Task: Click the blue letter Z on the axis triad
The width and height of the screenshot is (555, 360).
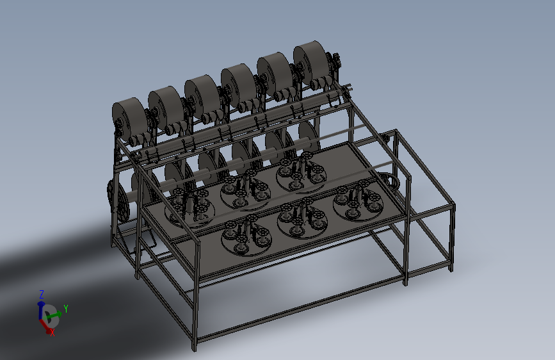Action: [x=42, y=295]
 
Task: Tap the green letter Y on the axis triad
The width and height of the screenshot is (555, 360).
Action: [x=65, y=309]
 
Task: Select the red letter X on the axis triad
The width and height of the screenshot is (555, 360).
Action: [x=52, y=332]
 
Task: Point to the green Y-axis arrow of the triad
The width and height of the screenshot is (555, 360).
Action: [x=54, y=315]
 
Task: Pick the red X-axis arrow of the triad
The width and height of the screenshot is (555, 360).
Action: [x=45, y=326]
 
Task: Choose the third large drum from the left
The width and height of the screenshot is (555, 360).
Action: [x=202, y=96]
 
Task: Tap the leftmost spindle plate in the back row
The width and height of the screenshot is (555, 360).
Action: [x=189, y=209]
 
